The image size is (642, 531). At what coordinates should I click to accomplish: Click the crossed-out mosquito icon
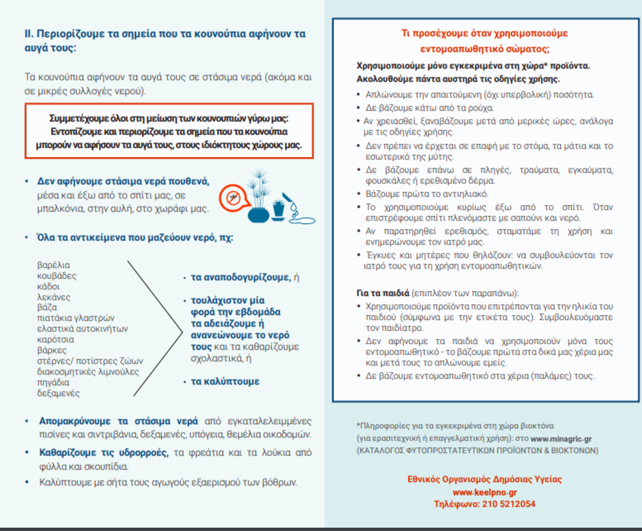pos(231,196)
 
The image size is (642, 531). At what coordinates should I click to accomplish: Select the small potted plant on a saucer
pos(278,209)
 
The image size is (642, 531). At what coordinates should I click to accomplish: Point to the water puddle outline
pos(302,218)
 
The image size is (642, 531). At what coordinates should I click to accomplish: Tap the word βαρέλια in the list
pos(53,265)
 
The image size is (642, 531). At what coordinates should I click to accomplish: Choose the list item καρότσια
pos(56,339)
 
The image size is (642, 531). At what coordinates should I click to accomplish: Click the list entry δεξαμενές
pos(58,393)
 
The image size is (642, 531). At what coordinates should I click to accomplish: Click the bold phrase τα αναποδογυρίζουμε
pos(241,277)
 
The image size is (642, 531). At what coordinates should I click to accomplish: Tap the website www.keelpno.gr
pos(485,492)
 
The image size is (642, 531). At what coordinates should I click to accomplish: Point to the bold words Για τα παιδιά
pos(383,293)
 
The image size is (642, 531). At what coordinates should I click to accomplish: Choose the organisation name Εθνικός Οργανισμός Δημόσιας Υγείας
pos(485,480)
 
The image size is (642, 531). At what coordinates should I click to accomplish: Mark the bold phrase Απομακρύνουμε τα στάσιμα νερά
pos(119,420)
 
